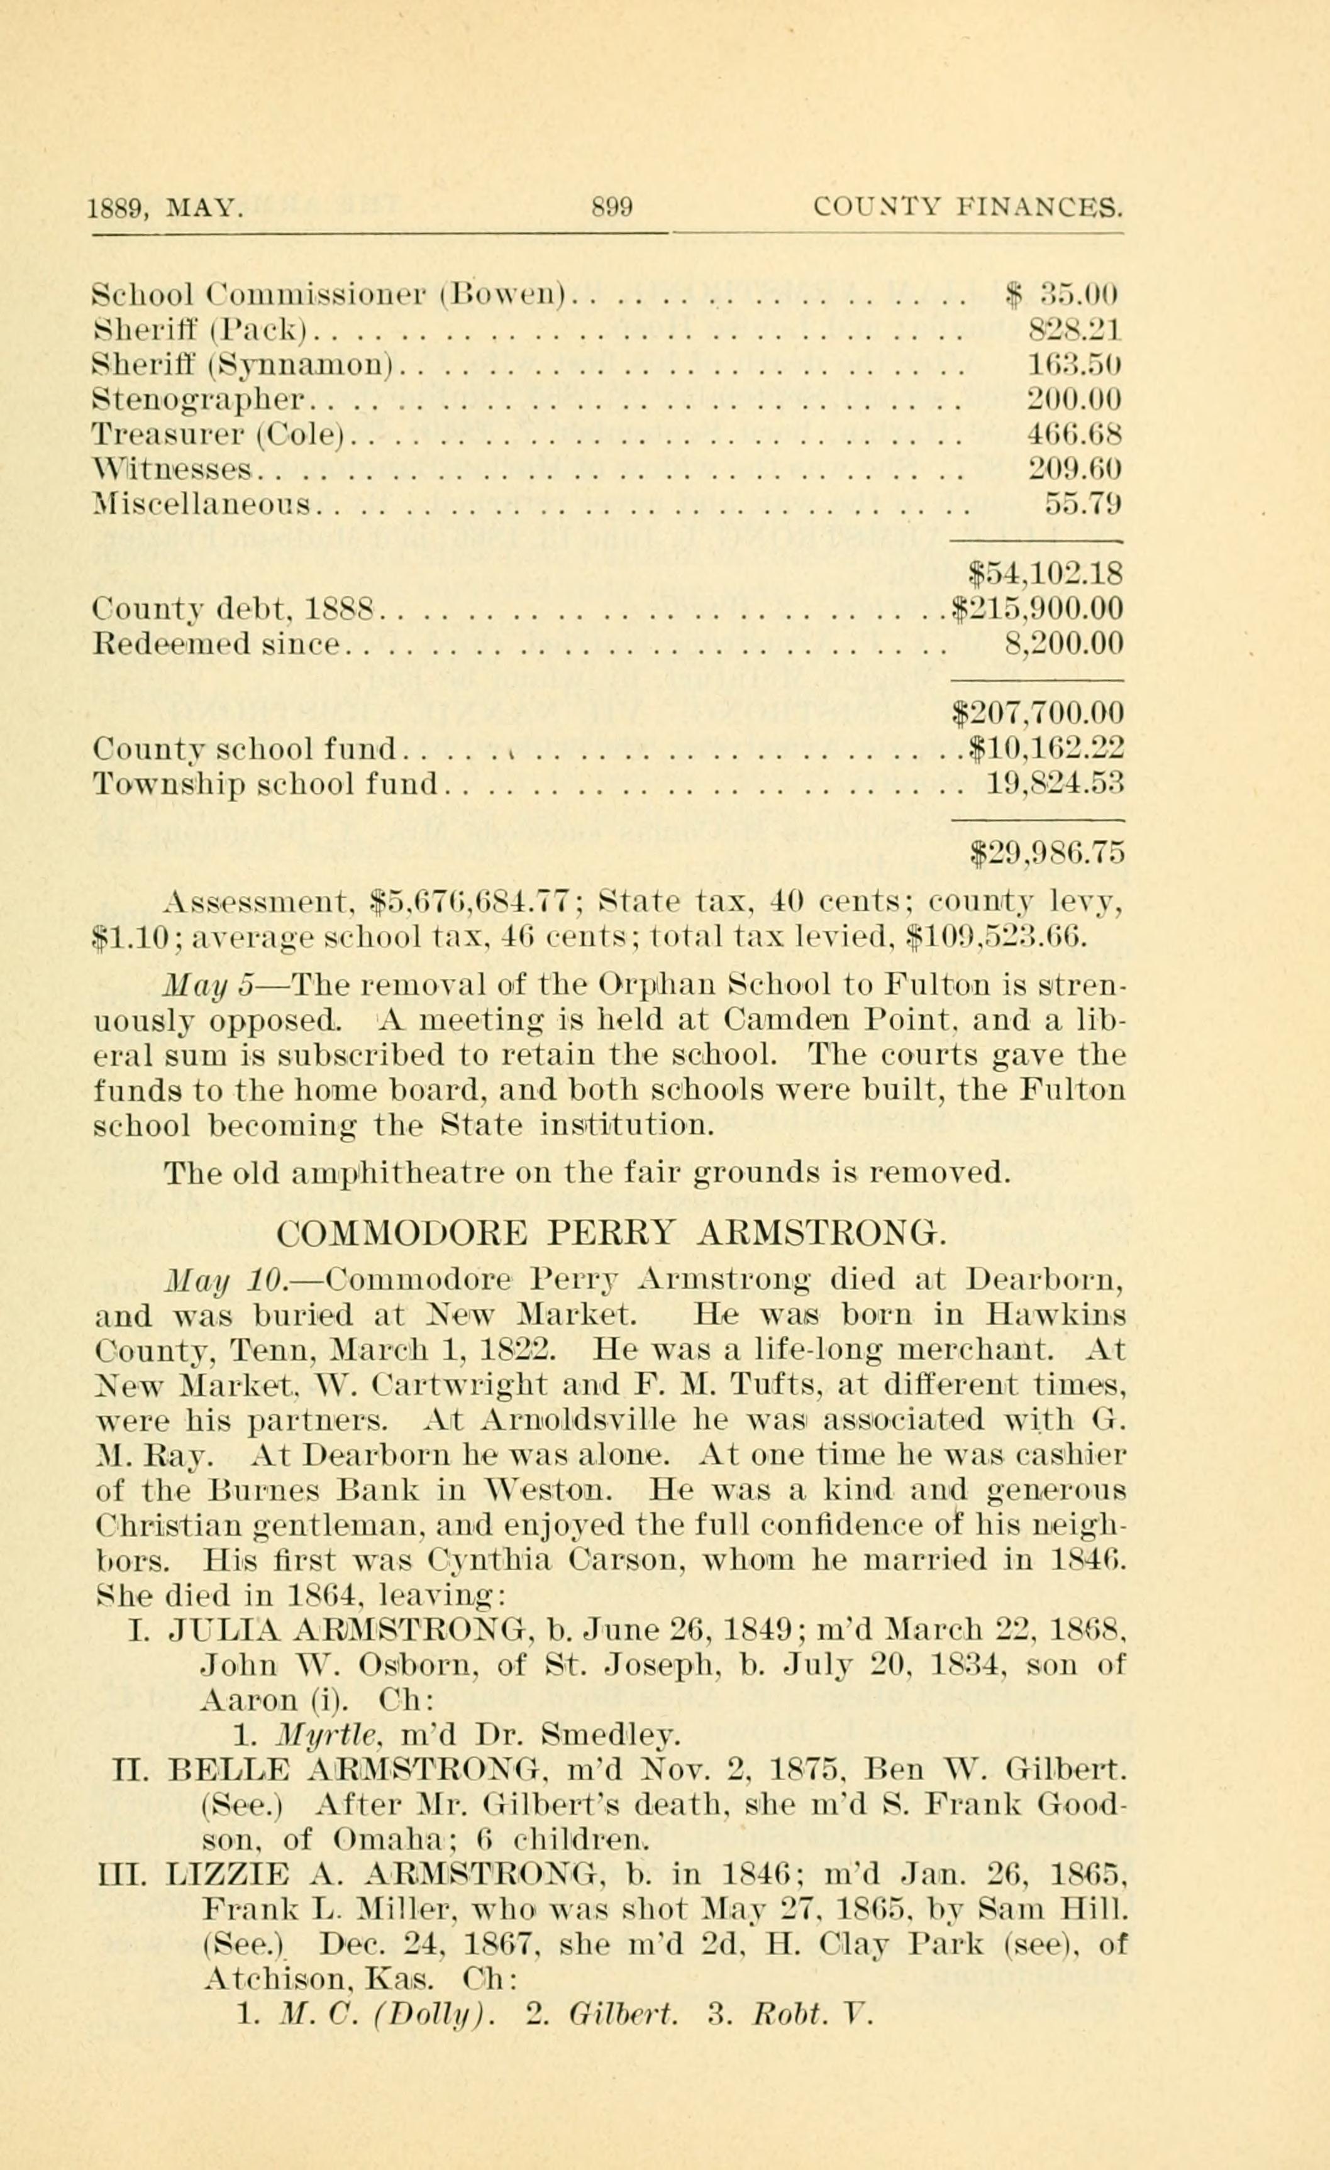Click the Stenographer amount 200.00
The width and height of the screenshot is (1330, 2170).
click(1073, 400)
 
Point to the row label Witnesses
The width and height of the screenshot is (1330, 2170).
click(173, 470)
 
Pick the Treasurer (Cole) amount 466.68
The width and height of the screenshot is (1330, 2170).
click(1073, 435)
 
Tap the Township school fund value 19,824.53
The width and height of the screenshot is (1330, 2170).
click(1053, 782)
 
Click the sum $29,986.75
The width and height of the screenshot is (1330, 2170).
click(1046, 852)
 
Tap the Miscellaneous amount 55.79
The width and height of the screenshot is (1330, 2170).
click(1082, 505)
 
